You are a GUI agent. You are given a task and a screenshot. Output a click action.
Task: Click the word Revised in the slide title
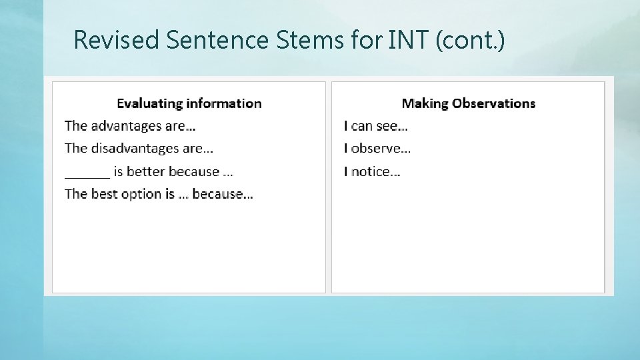click(x=117, y=40)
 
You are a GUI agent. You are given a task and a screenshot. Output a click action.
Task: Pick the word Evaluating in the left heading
click(x=149, y=103)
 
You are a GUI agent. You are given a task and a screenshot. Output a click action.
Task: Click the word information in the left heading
click(x=224, y=103)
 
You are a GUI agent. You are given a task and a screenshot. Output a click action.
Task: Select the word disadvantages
click(x=135, y=149)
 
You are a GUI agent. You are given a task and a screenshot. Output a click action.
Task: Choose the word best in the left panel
click(x=103, y=194)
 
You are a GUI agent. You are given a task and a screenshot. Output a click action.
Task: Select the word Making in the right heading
click(x=425, y=103)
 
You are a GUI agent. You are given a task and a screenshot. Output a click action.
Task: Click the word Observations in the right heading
click(x=494, y=103)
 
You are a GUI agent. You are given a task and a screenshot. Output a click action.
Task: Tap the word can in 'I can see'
click(x=362, y=126)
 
